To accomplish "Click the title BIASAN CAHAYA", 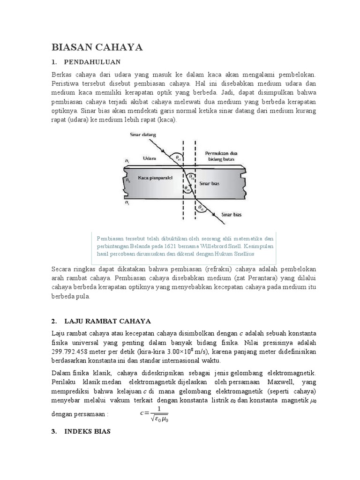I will point(97,47).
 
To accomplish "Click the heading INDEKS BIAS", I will point(87,431).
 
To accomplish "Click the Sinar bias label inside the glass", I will point(210,184).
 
